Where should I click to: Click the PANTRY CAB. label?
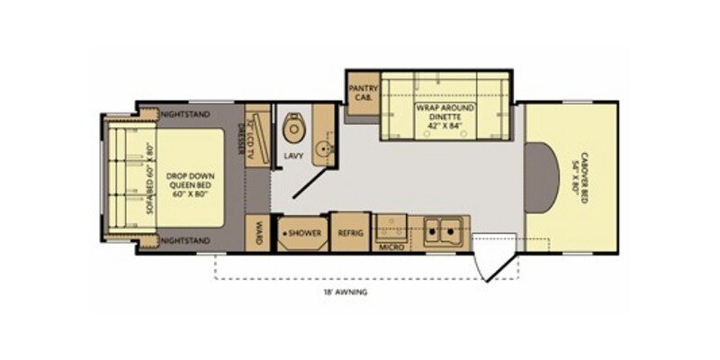coord(363,93)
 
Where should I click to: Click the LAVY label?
coord(293,156)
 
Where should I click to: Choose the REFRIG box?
coord(350,232)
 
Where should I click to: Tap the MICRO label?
coord(390,246)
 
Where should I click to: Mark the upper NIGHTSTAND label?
coord(184,115)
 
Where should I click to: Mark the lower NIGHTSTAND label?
coord(184,240)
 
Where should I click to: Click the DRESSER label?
coord(241,139)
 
